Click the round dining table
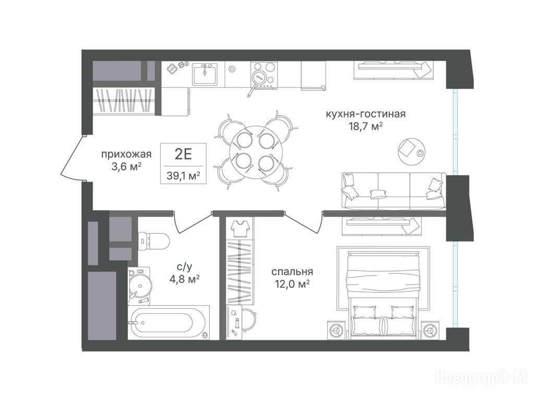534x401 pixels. click(254, 150)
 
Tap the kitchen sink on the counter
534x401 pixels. click(204, 74)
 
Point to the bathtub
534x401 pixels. click(168, 322)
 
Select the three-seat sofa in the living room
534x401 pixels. click(394, 191)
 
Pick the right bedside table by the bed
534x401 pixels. click(430, 330)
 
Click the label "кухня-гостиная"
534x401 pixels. click(366, 114)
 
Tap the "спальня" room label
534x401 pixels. click(292, 272)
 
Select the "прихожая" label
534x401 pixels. click(126, 155)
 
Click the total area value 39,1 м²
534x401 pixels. click(183, 175)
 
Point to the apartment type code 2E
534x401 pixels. click(184, 155)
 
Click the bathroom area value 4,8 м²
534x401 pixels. click(184, 280)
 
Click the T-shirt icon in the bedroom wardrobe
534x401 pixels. click(240, 228)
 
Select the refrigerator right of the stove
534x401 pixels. click(313, 75)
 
